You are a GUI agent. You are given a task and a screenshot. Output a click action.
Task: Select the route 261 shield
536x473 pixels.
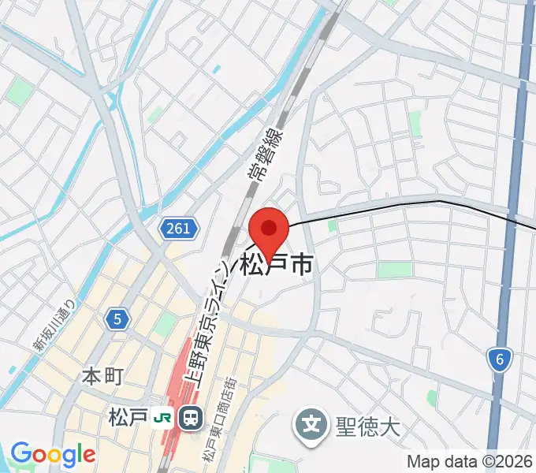[x=178, y=229]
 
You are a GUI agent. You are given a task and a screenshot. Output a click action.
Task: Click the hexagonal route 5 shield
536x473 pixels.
[x=117, y=318]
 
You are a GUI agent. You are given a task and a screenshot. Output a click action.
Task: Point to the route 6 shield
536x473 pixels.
[x=499, y=360]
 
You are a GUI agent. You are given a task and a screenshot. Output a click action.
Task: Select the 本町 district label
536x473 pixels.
[x=102, y=377]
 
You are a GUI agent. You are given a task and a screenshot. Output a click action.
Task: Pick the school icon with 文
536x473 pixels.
[x=311, y=426]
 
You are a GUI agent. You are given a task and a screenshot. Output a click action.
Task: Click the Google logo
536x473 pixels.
[x=52, y=454]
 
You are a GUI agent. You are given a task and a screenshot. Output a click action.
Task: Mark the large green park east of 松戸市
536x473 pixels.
[x=394, y=270]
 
